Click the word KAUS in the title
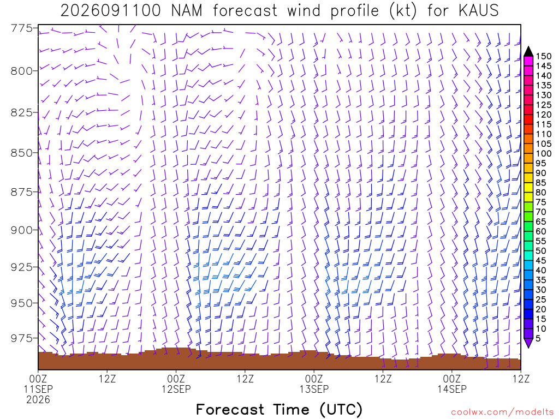478,10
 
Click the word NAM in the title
187,10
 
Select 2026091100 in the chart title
110,10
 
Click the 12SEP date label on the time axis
176,389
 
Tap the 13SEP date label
314,389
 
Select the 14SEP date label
452,389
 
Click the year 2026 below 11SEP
38,400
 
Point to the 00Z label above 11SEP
38,379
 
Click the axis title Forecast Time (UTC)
279,409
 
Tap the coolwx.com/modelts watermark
502,412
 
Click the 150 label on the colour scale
544,56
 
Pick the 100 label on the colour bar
544,153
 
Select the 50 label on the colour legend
541,251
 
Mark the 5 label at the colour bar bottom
538,338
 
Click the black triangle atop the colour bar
528,52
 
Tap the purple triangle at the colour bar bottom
528,343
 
